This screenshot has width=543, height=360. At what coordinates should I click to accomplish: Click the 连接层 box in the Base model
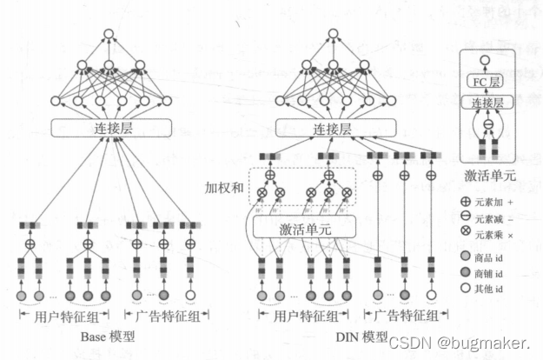pos(108,128)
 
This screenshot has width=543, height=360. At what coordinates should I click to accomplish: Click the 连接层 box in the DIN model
pos(330,128)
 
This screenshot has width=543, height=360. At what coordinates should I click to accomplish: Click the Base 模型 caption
pos(108,337)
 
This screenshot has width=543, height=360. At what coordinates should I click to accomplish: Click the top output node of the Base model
pos(109,34)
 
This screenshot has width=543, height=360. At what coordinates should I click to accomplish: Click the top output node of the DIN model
pos(331,34)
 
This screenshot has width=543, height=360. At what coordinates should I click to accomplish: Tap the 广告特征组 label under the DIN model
pos(403,317)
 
